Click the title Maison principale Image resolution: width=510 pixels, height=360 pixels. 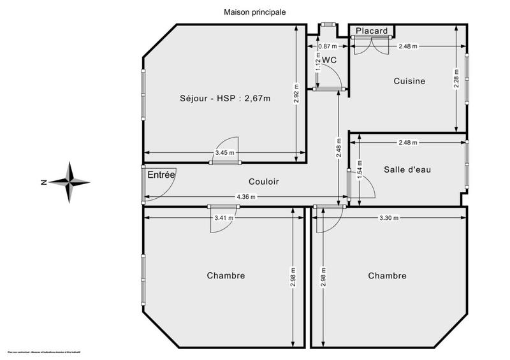click(x=254, y=11)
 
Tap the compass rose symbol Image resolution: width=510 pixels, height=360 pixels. click(x=70, y=182)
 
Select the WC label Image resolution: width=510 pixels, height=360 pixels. click(x=329, y=60)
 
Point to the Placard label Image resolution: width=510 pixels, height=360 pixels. click(x=372, y=31)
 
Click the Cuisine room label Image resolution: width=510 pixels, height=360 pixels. click(x=409, y=81)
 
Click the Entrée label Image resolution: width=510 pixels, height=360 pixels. click(x=162, y=175)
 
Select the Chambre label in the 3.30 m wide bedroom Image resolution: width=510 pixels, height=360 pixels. click(x=387, y=276)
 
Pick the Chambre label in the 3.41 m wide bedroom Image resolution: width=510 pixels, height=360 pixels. click(x=226, y=276)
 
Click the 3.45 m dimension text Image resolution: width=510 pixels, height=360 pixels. click(x=224, y=153)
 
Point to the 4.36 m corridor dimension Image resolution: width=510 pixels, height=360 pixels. click(x=247, y=197)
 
